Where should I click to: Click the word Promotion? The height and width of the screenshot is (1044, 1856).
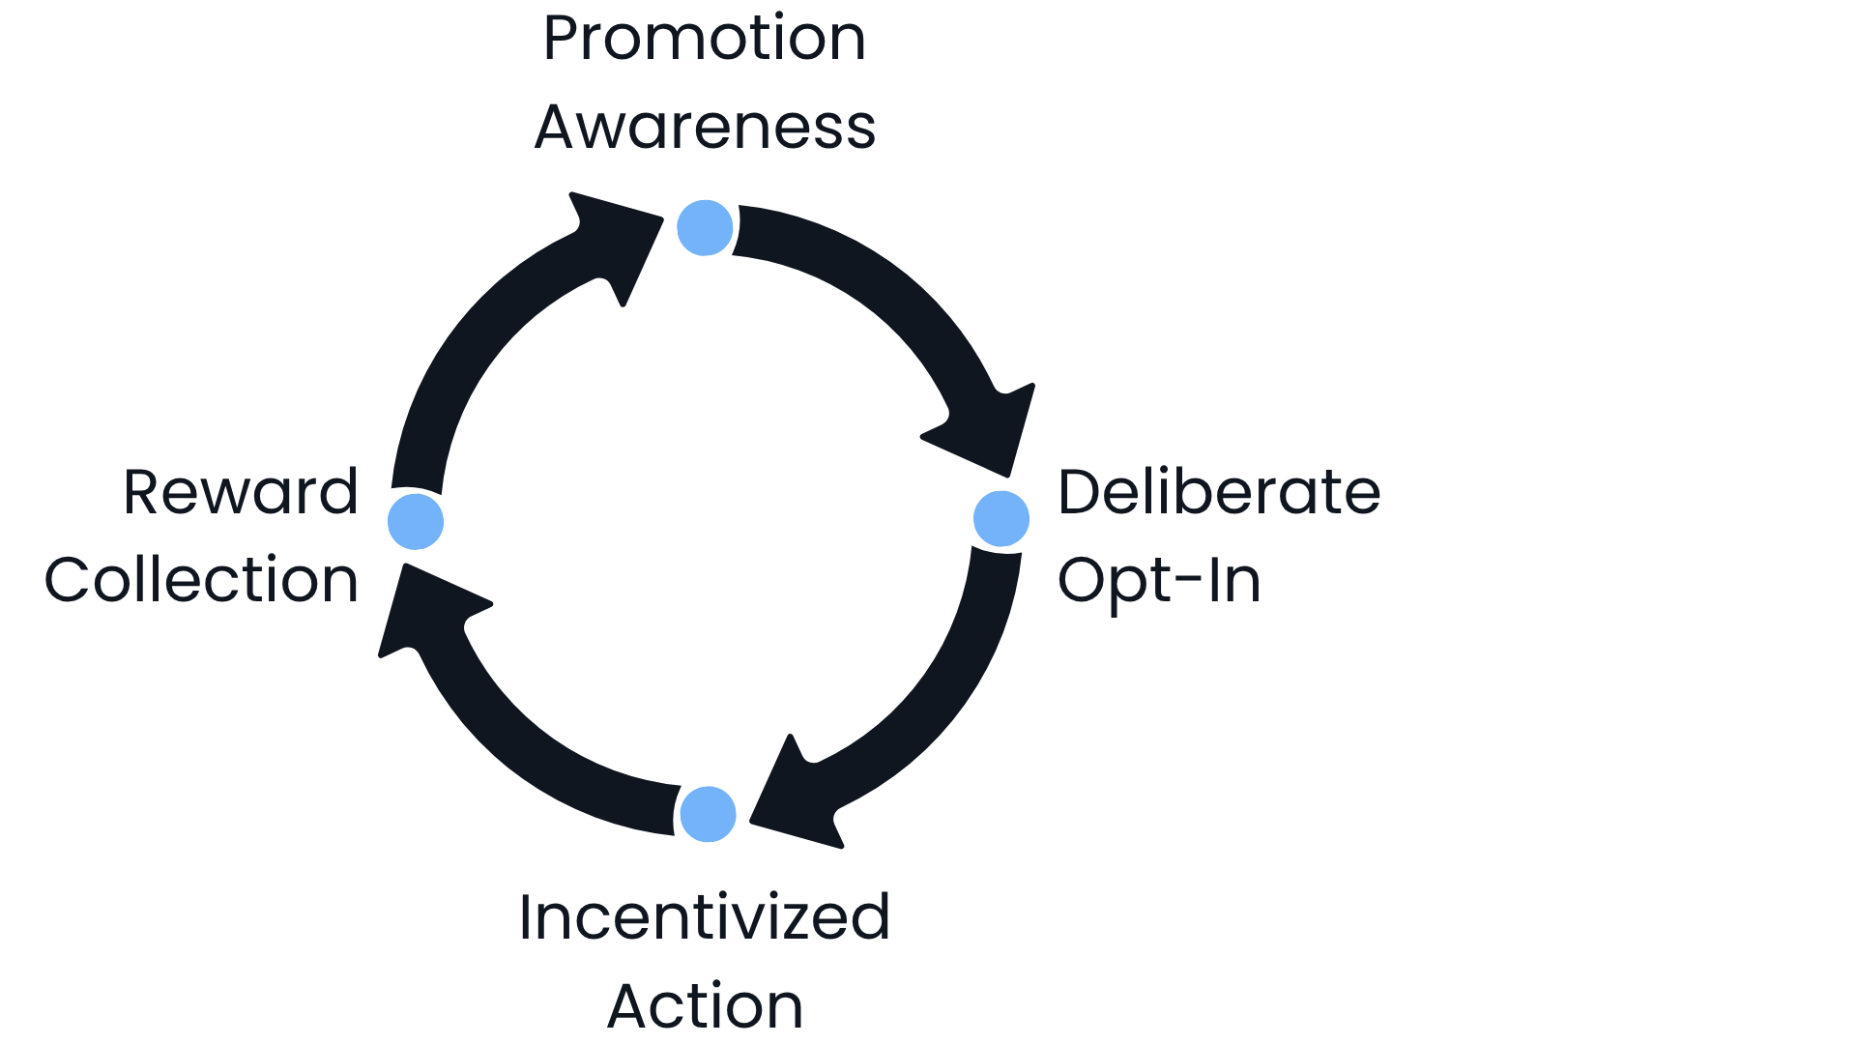tap(704, 39)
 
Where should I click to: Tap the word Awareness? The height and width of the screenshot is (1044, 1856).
tap(705, 127)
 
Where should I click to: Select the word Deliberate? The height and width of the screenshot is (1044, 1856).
tap(1219, 492)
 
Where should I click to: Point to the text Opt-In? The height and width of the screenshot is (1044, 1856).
tap(1159, 580)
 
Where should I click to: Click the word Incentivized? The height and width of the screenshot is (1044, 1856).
tap(704, 917)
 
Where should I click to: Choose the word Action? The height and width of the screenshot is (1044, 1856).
tap(705, 1005)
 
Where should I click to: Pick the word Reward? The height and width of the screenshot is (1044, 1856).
tap(241, 492)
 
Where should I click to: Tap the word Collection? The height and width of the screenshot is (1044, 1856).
tap(201, 580)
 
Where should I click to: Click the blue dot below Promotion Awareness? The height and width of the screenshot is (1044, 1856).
tap(705, 228)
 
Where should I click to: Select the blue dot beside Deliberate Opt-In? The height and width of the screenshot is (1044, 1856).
tap(1001, 519)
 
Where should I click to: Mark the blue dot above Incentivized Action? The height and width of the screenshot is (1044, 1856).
tap(708, 814)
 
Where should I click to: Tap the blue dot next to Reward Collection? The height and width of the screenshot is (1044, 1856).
tap(416, 521)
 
